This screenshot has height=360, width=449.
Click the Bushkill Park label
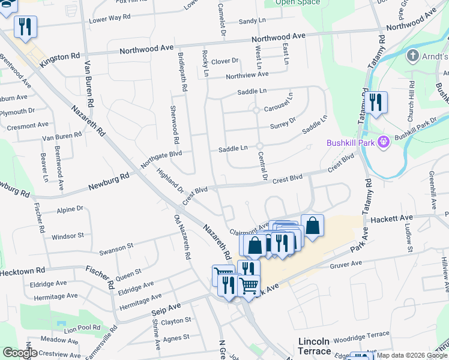[x=351, y=143]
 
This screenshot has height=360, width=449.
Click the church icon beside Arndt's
[x=412, y=56]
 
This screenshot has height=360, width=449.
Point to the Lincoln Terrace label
[x=314, y=346]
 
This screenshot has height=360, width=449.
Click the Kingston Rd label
[x=60, y=59]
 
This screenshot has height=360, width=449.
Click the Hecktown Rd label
[x=22, y=272]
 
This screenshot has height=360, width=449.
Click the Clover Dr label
[x=225, y=61]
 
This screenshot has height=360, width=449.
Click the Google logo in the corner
[x=20, y=353]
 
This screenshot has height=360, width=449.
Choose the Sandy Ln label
[x=252, y=21]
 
